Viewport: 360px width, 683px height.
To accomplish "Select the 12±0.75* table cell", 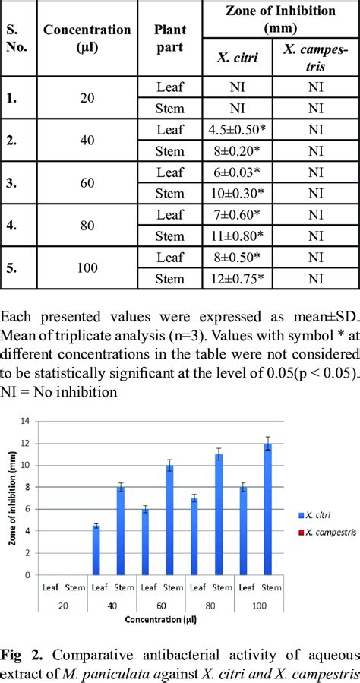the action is (x=237, y=278).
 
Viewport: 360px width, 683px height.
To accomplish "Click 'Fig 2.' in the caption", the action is (x=17, y=655).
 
